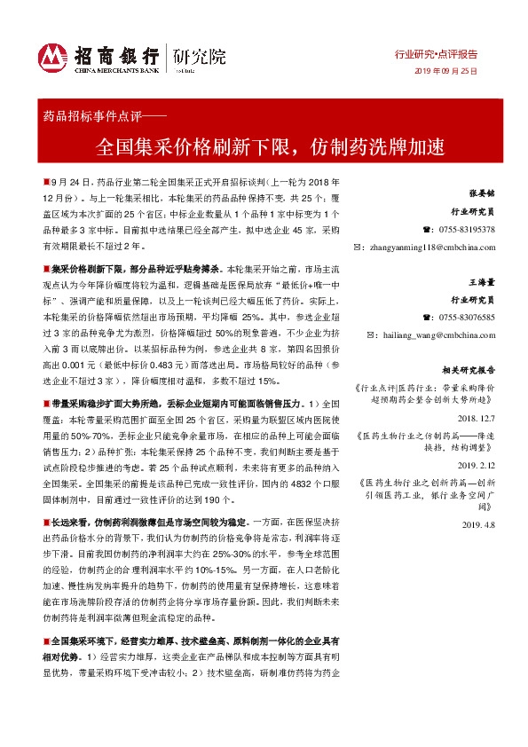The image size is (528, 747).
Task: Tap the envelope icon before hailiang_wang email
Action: [359, 336]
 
